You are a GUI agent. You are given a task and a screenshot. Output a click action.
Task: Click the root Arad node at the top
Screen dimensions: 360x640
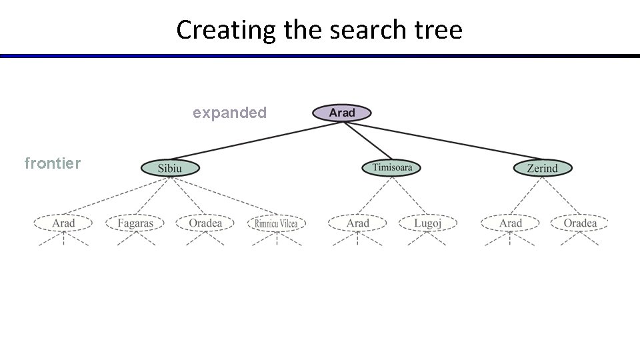click(341, 113)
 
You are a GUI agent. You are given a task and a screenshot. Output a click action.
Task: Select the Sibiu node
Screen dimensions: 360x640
click(170, 168)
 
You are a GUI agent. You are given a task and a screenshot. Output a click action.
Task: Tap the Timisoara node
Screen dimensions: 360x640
click(392, 167)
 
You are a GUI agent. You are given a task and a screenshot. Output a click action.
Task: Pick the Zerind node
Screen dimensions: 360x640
click(542, 168)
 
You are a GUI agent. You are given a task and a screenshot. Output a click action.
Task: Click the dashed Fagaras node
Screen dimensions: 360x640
click(135, 223)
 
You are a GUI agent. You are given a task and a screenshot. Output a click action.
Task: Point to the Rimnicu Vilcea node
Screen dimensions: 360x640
click(277, 223)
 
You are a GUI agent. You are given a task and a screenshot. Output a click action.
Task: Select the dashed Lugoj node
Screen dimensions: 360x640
click(427, 223)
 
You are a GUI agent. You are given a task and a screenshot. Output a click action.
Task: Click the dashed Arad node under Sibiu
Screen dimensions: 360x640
click(64, 223)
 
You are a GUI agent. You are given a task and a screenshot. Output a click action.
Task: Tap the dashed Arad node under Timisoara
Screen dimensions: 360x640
click(357, 223)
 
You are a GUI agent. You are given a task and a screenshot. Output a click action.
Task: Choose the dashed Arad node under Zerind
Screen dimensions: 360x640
click(511, 223)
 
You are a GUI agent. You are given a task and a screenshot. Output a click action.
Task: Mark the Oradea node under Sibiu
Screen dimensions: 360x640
click(205, 223)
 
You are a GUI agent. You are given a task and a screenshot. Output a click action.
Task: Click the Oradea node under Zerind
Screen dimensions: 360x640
click(580, 223)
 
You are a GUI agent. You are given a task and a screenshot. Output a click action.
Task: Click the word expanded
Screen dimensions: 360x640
click(229, 113)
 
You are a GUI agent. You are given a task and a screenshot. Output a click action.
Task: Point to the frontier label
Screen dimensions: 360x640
click(52, 162)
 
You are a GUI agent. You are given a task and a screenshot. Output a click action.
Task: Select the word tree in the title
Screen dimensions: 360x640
click(439, 30)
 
